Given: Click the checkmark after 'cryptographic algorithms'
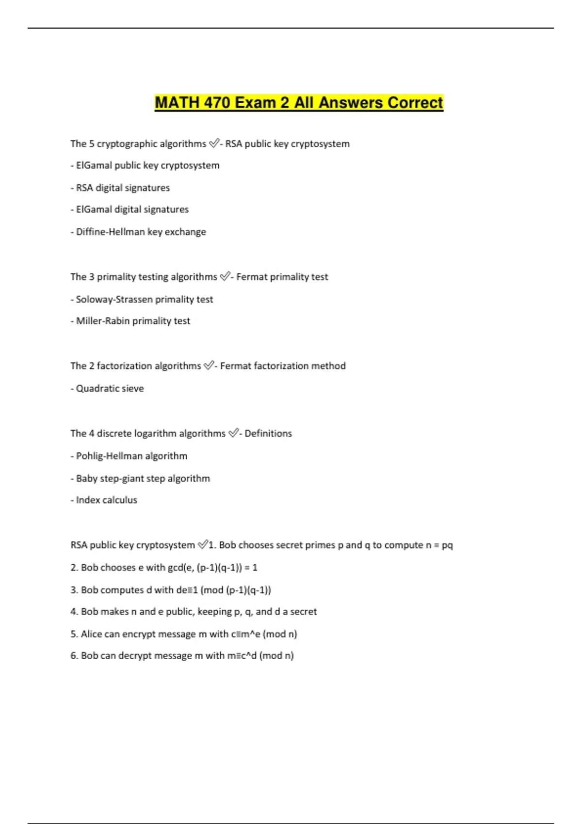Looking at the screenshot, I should (213, 143).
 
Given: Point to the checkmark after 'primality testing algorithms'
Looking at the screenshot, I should (225, 277).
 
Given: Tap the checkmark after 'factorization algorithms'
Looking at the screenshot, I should (208, 365).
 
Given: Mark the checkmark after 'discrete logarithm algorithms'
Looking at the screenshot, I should (233, 433).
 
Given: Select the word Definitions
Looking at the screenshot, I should (268, 433).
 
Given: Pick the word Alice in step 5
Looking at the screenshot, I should (92, 634).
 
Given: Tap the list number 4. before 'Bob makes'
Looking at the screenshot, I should (74, 612).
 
